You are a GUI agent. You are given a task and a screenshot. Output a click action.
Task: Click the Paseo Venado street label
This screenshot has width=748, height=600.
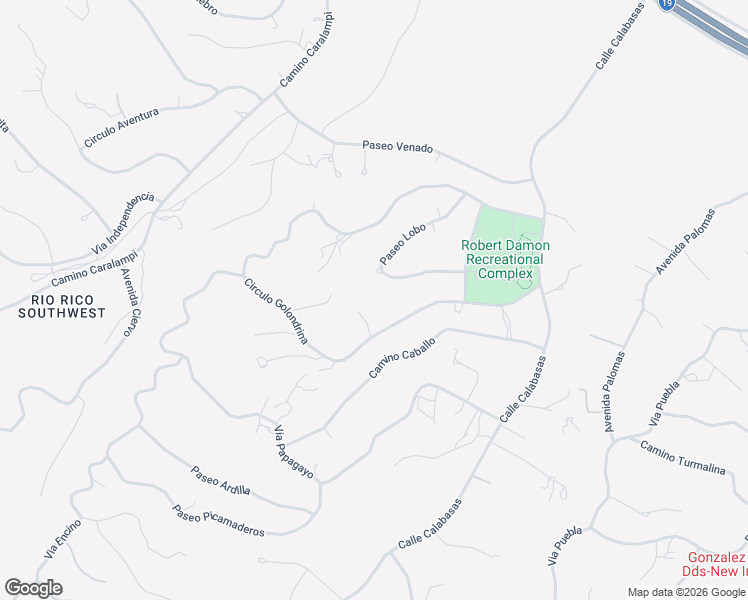pos(397,147)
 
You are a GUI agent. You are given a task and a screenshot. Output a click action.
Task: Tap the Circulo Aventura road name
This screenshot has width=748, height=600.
pos(121,128)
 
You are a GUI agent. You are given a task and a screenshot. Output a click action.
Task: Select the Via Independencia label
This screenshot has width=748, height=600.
pos(123,222)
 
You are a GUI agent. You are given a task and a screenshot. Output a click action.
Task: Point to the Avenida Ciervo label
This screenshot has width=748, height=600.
pos(127,302)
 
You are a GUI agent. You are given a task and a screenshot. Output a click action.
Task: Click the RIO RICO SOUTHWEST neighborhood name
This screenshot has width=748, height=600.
pos(61,306)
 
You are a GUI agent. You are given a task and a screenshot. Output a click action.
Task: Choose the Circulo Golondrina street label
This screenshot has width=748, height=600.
pos(276,312)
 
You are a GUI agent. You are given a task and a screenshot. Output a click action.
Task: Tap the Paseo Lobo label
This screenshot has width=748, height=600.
pos(403,244)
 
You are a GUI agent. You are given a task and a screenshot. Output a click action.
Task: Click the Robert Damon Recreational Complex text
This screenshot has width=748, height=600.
pos(505,259)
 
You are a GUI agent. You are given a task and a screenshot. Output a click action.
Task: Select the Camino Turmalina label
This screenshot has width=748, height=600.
pos(683,457)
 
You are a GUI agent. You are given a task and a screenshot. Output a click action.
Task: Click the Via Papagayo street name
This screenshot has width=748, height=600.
pos(294,453)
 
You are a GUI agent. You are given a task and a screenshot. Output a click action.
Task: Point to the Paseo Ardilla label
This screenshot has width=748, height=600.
pos(220,481)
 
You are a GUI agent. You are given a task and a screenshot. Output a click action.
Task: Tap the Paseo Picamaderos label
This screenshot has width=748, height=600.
pos(218,519)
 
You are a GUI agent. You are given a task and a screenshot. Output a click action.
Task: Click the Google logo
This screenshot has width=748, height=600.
pos(33,588)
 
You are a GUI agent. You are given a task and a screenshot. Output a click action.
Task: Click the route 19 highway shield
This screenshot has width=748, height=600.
pos(667,4)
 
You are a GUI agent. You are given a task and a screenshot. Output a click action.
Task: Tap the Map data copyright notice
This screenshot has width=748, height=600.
pos(686,592)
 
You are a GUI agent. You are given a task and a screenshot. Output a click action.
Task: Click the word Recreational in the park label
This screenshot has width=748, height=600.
pos(505,259)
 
